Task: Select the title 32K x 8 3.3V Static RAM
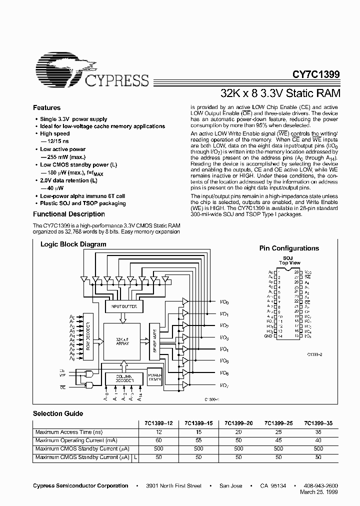pos(280,93)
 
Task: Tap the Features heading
pos(46,108)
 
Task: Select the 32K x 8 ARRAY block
pos(122,341)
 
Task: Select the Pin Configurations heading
pos(289,248)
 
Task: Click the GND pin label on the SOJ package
pos(268,336)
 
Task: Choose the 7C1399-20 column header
pos(238,423)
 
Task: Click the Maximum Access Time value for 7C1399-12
pos(159,432)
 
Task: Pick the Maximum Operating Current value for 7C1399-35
pos(318,440)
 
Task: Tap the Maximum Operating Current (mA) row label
pos(76,440)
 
